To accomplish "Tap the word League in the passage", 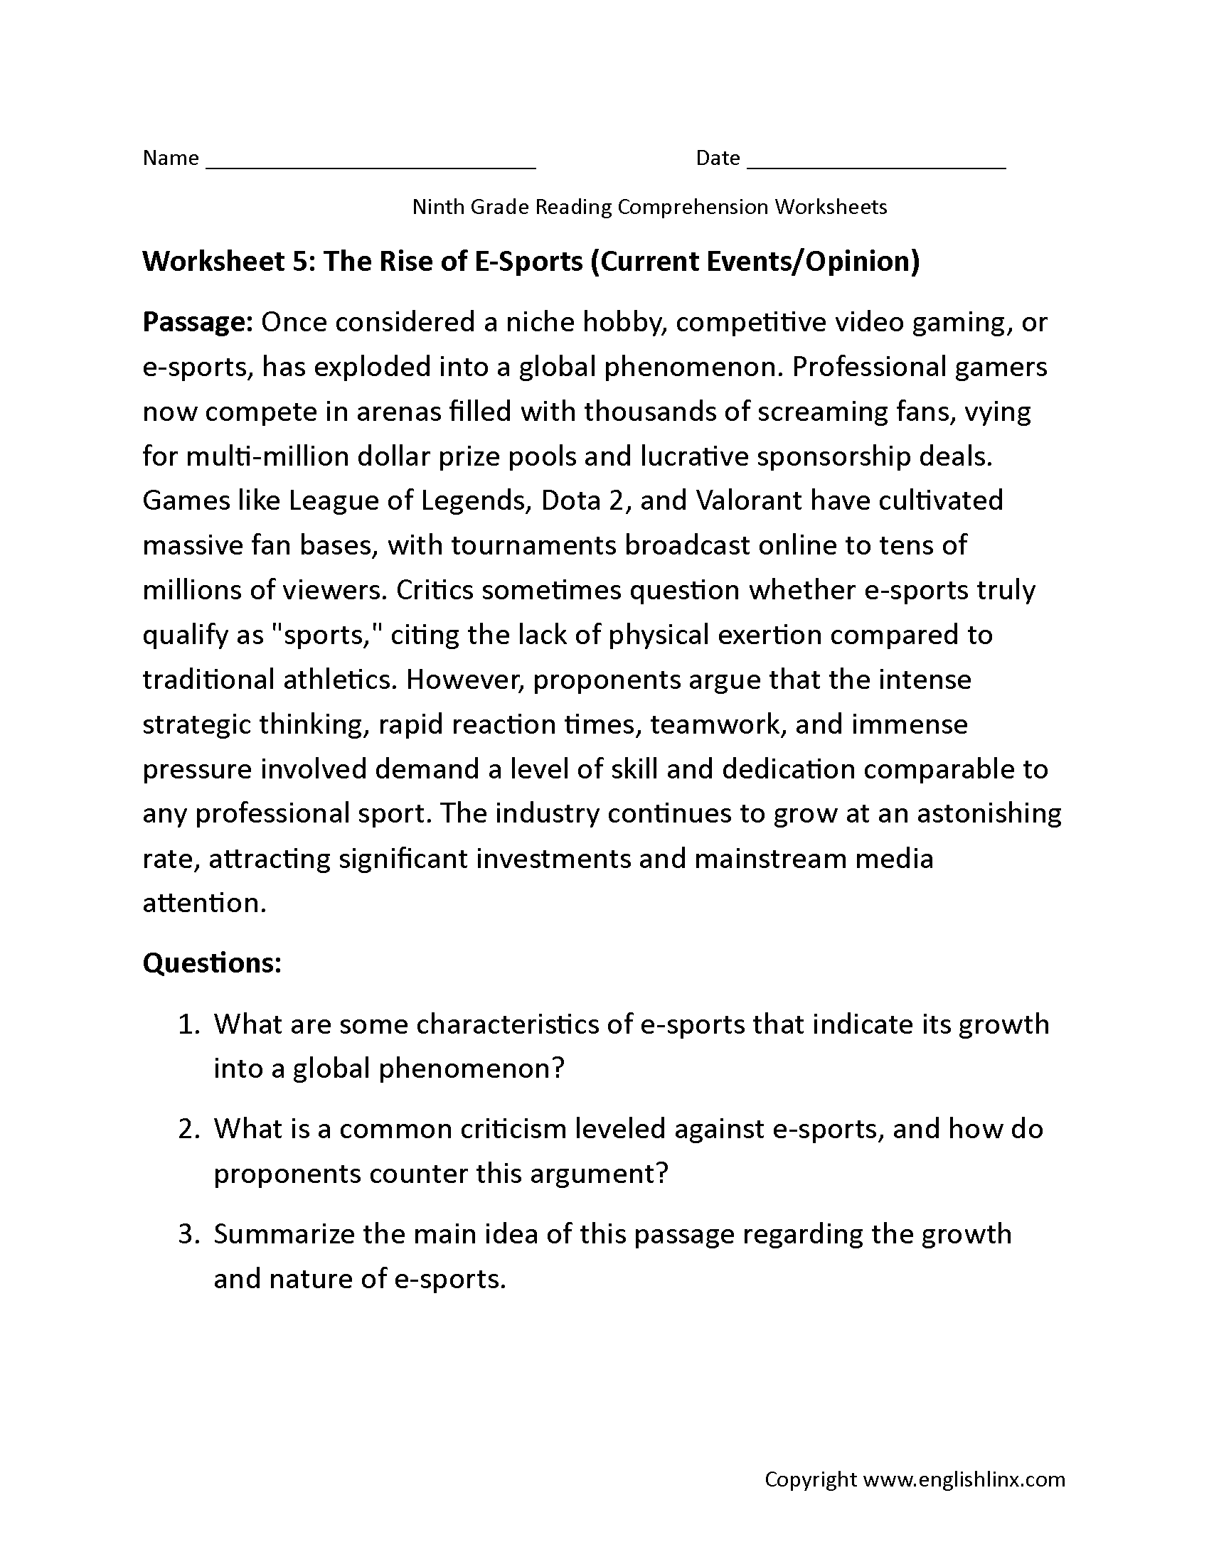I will (x=331, y=500).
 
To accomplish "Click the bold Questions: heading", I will (x=212, y=963).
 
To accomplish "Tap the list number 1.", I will (x=187, y=1024).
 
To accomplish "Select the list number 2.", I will (x=187, y=1129).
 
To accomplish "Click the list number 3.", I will (x=187, y=1234).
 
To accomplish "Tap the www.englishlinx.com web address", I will (x=964, y=1479).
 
